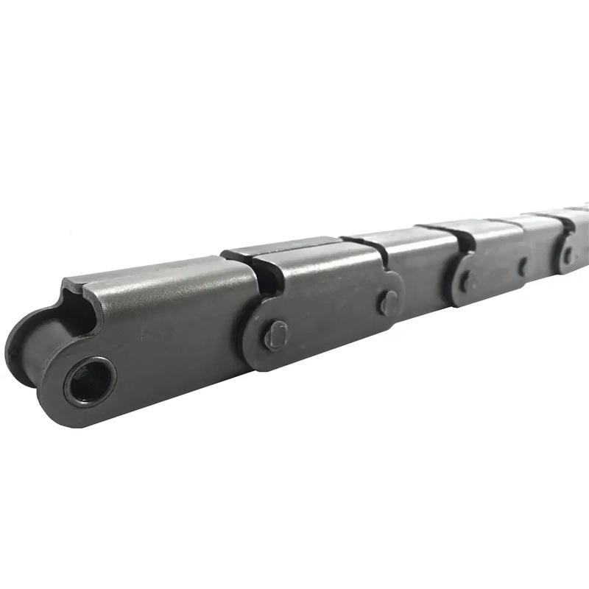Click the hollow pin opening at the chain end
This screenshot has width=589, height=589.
(90, 381)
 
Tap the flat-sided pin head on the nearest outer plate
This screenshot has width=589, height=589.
(276, 336)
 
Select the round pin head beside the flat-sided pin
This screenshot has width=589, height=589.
(388, 302)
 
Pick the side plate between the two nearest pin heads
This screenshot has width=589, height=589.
(331, 317)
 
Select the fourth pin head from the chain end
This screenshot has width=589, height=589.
(522, 266)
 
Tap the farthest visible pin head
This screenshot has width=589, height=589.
(568, 255)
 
